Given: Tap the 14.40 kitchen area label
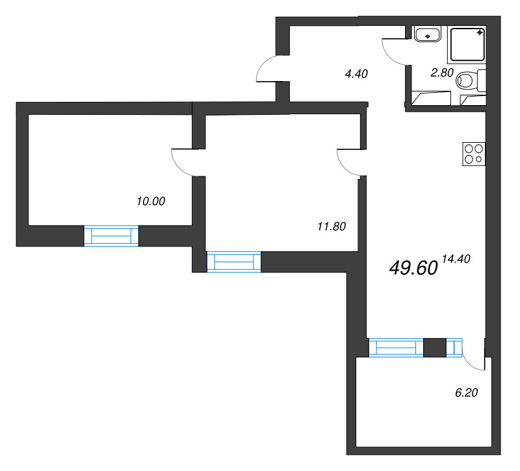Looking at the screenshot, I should (455, 258).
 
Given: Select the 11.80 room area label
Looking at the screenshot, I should (331, 226).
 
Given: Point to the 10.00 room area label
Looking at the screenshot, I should (151, 201).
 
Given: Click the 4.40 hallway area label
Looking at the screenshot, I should (356, 74).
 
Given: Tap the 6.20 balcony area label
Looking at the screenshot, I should (466, 392).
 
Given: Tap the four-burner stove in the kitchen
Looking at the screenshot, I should (473, 153).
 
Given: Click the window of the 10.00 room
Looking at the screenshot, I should (111, 235).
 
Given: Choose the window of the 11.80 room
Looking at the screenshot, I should (233, 261).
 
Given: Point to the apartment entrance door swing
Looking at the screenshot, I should (268, 70).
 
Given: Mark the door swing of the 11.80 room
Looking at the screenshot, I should (349, 162).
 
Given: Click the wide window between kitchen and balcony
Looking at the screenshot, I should (396, 348).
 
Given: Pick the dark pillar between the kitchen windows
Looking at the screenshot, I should (435, 348).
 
